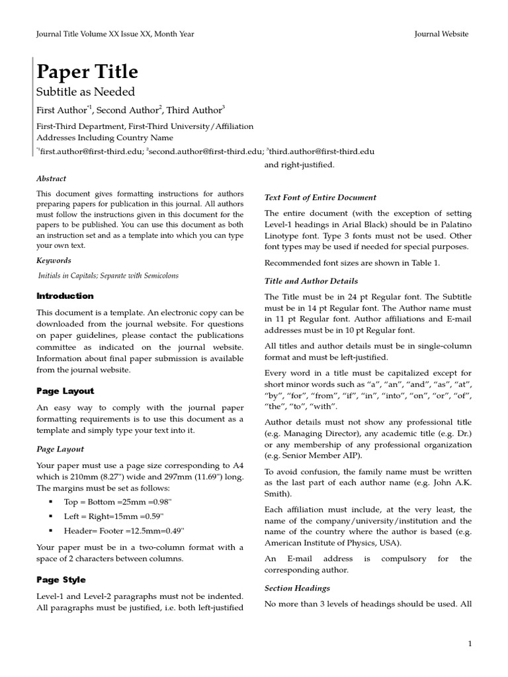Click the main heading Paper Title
pyautogui.click(x=87, y=71)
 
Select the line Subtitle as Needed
pyautogui.click(x=85, y=92)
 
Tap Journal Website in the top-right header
pyautogui.click(x=441, y=34)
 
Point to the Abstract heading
pyautogui.click(x=51, y=179)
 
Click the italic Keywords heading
pyautogui.click(x=54, y=260)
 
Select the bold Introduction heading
pyautogui.click(x=65, y=296)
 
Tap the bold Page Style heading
pyautogui.click(x=61, y=580)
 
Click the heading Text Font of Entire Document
pyautogui.click(x=320, y=197)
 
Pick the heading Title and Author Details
pyautogui.click(x=311, y=281)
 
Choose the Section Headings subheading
pyautogui.click(x=297, y=588)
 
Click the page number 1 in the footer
pyautogui.click(x=470, y=643)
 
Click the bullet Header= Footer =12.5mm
pyautogui.click(x=124, y=530)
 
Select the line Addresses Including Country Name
pyautogui.click(x=105, y=138)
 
